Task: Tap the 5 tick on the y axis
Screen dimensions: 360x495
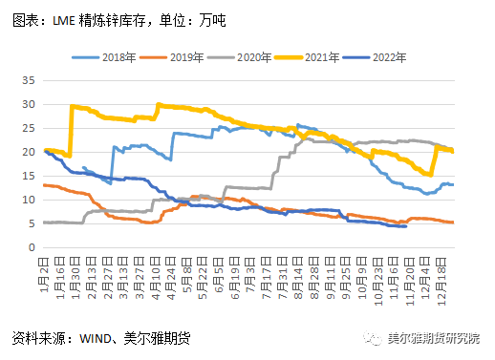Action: coord(32,223)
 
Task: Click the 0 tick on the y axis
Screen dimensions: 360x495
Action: coord(32,247)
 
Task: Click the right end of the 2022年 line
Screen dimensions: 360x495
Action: coord(406,226)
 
